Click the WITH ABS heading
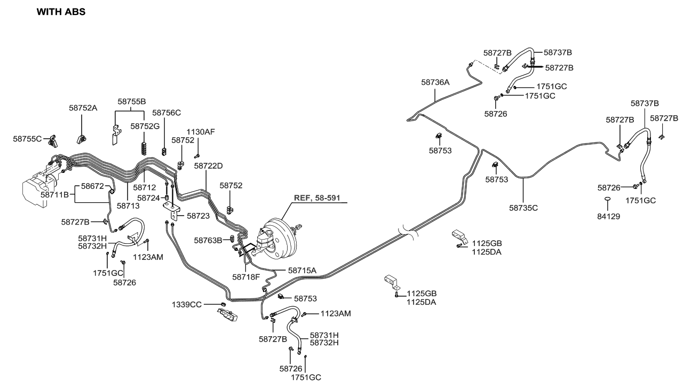pos(60,11)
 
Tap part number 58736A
pos(435,82)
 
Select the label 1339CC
pos(186,304)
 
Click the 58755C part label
pos(27,139)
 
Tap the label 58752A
pos(83,107)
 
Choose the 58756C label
pos(166,113)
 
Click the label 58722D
pos(208,167)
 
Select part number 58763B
pos(208,240)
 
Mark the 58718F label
pos(246,277)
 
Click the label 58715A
pos(302,271)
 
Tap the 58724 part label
pos(148,198)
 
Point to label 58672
pos(92,186)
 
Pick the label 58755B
pos(132,101)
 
